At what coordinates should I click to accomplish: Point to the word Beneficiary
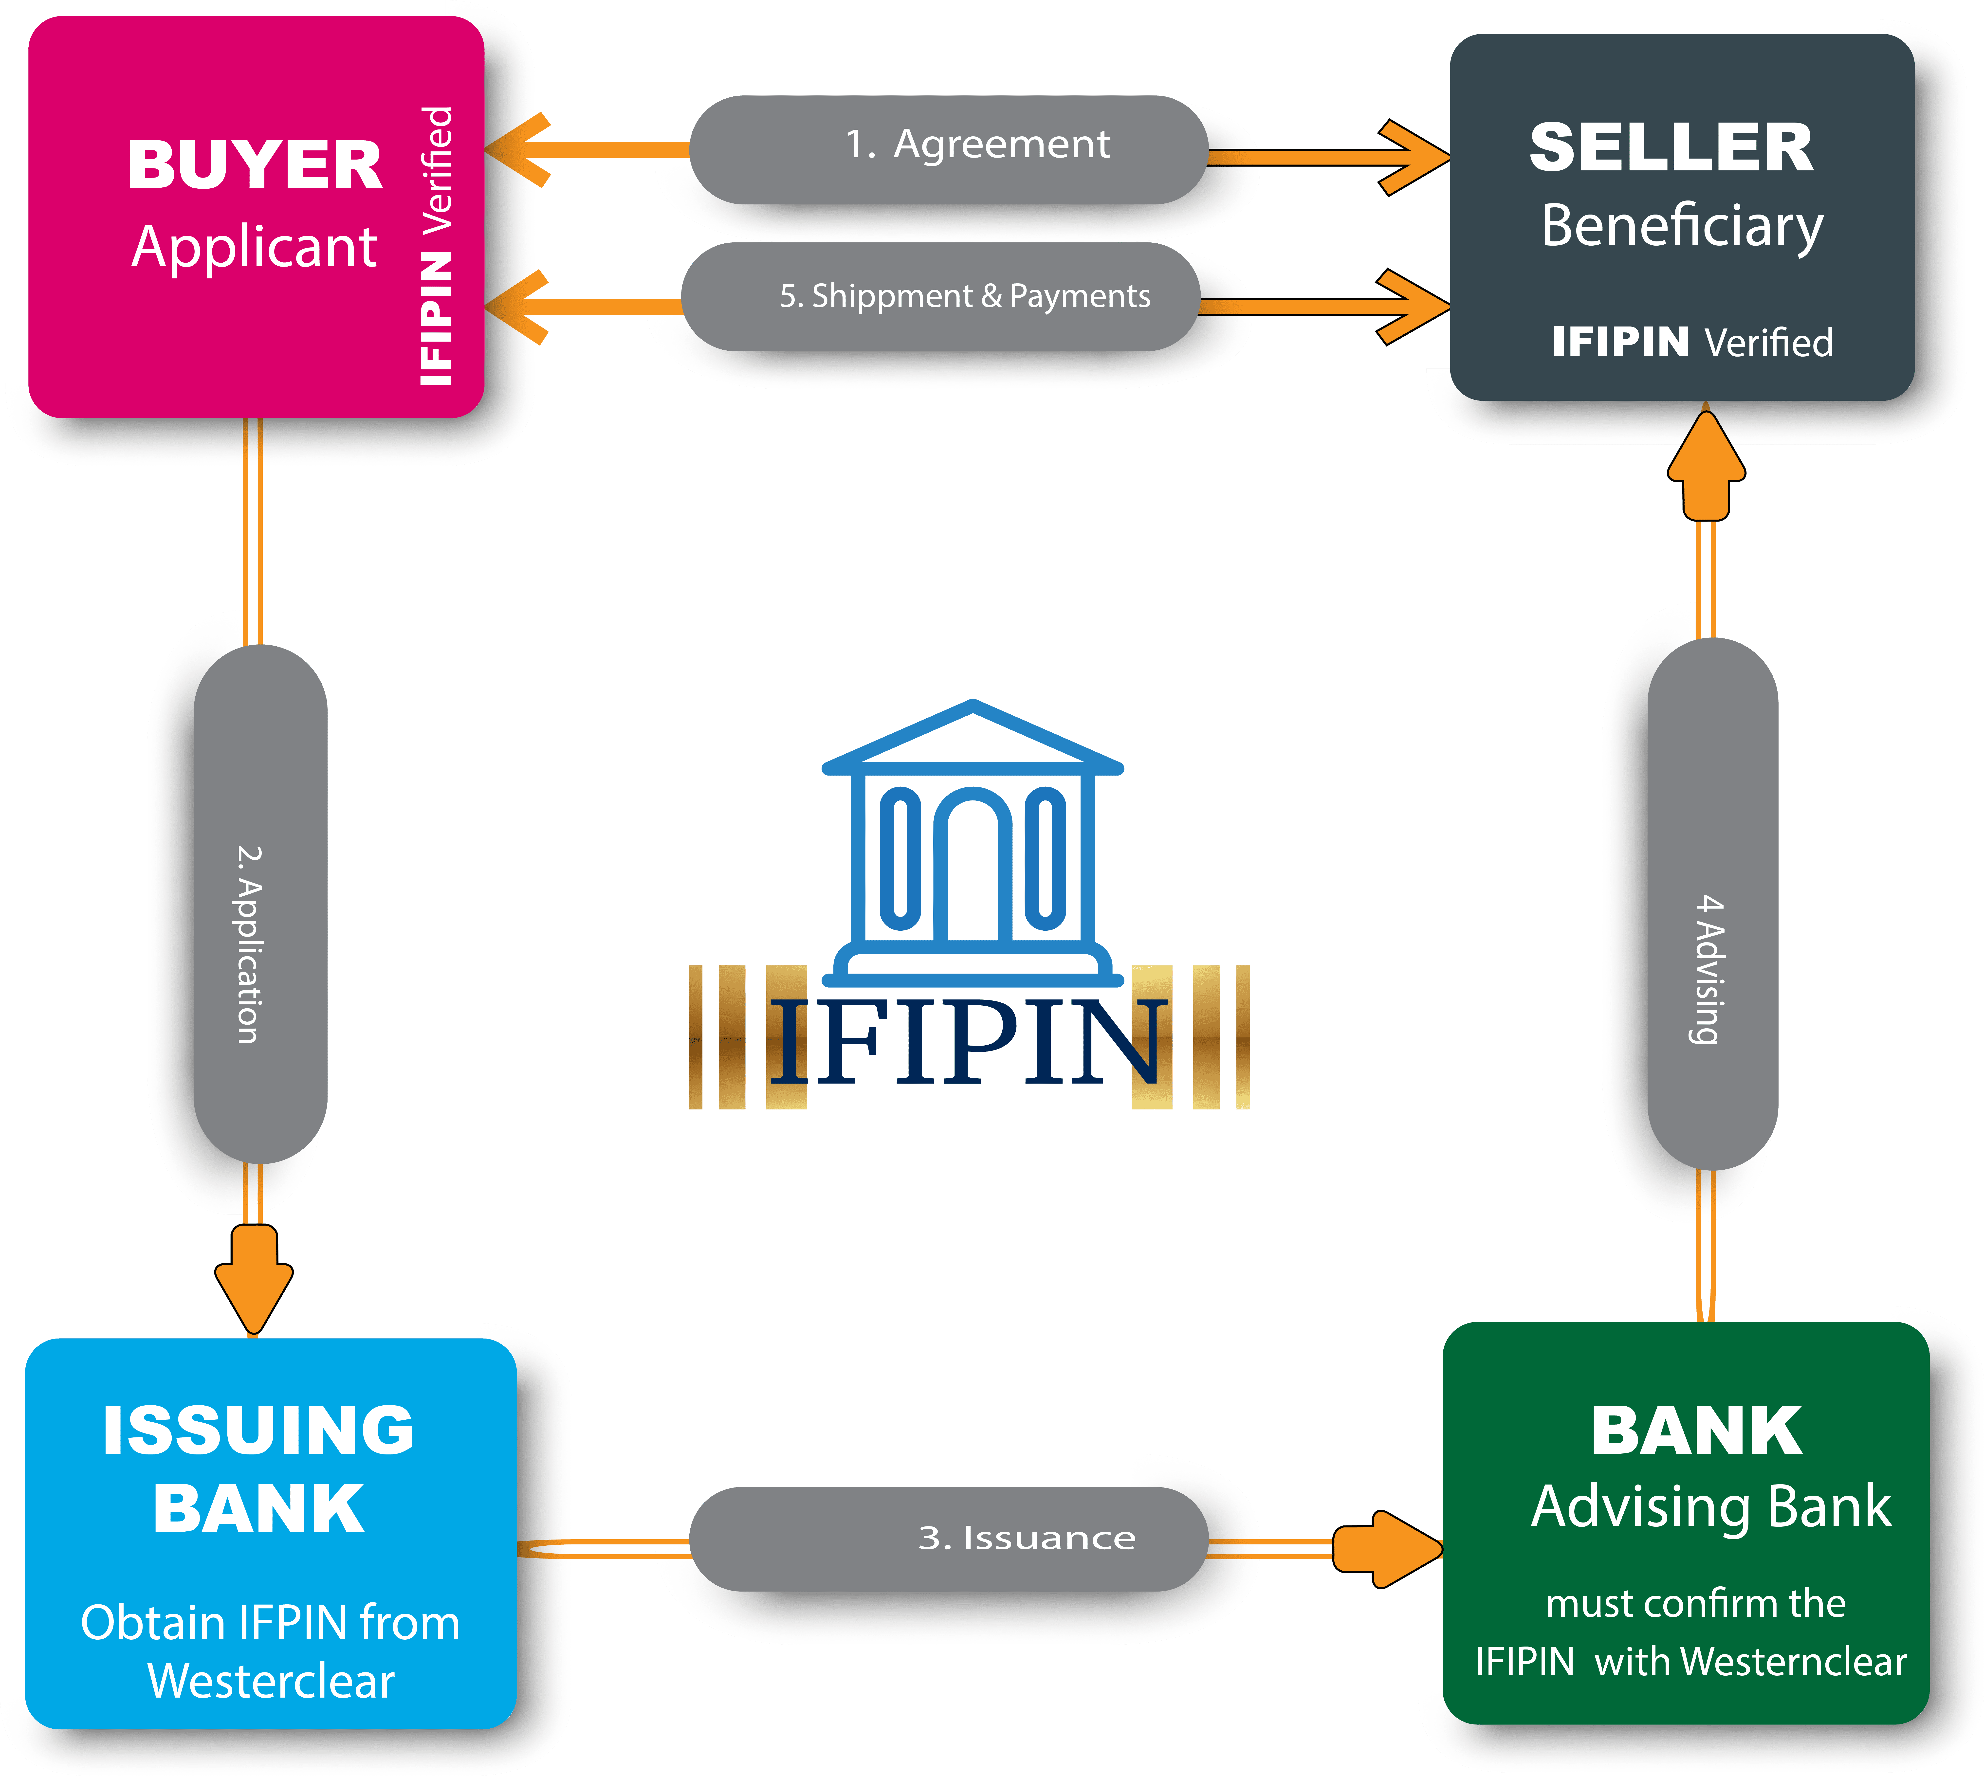1681,226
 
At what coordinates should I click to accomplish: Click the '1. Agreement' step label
977,145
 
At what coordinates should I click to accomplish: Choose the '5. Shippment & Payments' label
964,296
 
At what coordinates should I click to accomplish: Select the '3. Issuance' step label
1027,1538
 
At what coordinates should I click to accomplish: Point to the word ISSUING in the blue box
259,1431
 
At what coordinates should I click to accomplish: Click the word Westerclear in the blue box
271,1680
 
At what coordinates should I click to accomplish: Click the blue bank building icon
972,844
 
